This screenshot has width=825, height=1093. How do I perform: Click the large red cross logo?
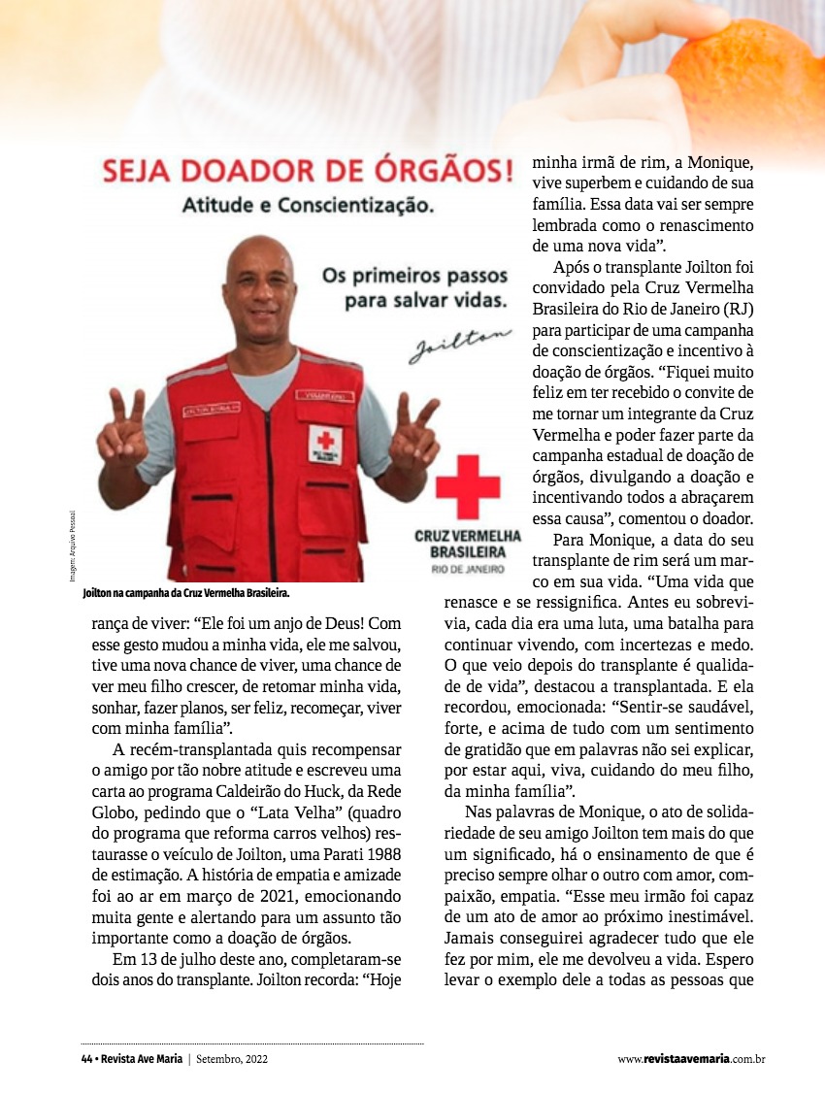point(467,485)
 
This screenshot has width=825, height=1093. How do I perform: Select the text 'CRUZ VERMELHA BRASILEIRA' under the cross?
point(468,544)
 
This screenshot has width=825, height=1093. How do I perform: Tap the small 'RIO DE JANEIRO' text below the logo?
point(468,569)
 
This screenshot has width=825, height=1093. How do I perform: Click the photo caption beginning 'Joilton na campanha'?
point(186,590)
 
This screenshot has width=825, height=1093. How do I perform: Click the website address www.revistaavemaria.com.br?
point(692,1059)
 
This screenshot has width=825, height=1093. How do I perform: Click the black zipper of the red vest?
point(272,485)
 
